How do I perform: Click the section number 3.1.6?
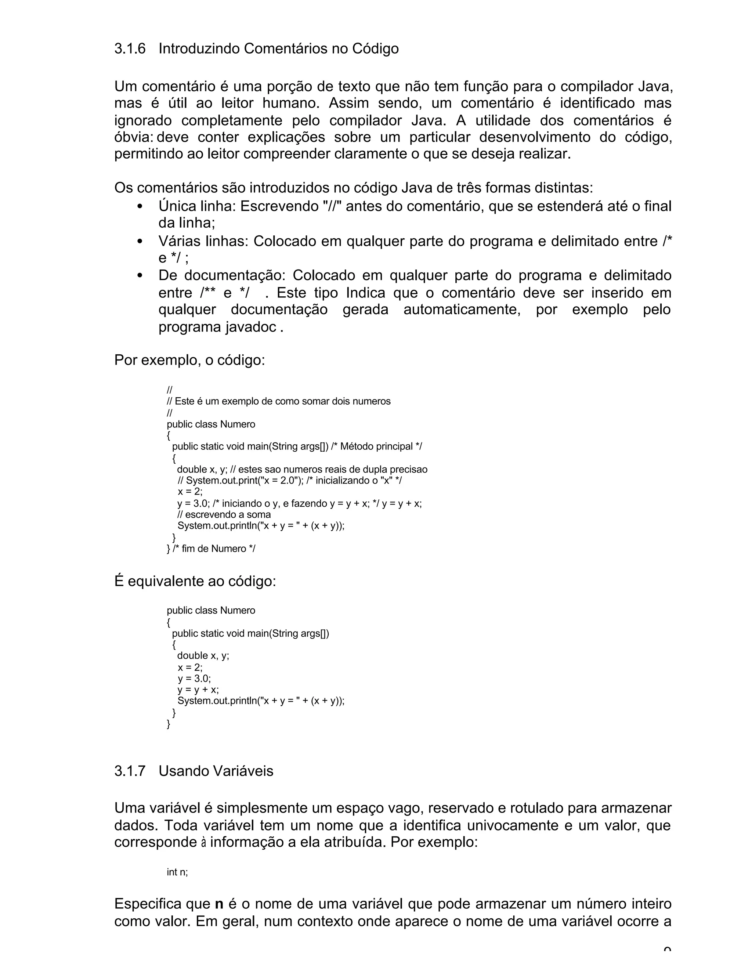coord(130,48)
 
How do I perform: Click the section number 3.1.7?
coord(130,771)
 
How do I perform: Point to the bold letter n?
coord(219,904)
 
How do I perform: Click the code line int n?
coord(177,872)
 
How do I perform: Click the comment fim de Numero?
coord(214,549)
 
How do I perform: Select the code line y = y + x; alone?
coord(198,690)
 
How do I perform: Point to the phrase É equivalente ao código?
coord(195,581)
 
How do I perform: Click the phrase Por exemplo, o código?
coord(189,360)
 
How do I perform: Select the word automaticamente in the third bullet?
coord(462,310)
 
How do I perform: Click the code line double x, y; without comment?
coord(203,655)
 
